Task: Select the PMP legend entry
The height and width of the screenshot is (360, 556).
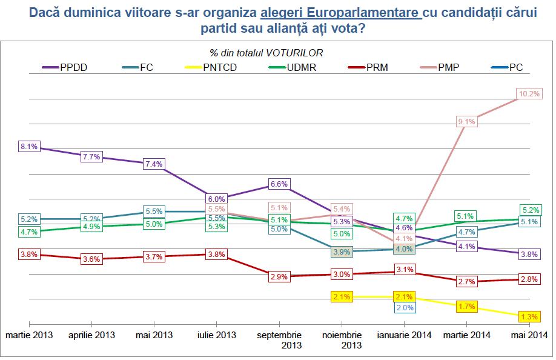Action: (447, 67)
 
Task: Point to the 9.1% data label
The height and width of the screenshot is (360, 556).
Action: (467, 122)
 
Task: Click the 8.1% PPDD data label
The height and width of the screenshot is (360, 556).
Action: (29, 146)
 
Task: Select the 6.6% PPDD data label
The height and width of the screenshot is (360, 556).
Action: (278, 184)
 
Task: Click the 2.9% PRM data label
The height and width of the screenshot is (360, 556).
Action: (278, 276)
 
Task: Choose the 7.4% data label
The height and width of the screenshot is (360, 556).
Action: (154, 164)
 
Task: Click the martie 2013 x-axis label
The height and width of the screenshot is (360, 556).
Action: (29, 335)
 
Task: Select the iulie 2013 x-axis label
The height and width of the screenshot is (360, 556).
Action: (216, 335)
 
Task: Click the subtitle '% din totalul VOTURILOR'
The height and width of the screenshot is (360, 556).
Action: (266, 53)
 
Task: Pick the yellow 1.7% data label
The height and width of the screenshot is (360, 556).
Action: (467, 307)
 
